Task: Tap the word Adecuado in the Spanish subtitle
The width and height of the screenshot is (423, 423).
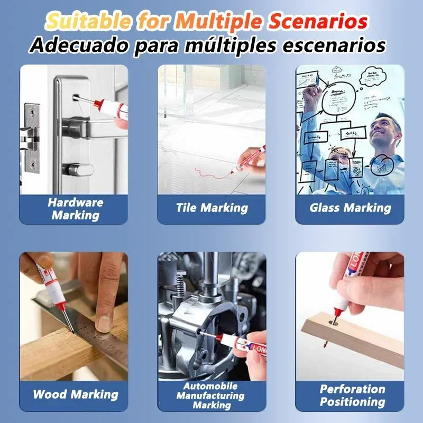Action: [x=73, y=45]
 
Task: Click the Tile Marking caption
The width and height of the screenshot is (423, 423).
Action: [x=212, y=208]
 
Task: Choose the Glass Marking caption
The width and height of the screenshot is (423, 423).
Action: [x=350, y=208]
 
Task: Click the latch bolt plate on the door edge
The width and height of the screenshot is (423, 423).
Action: [x=30, y=135]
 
